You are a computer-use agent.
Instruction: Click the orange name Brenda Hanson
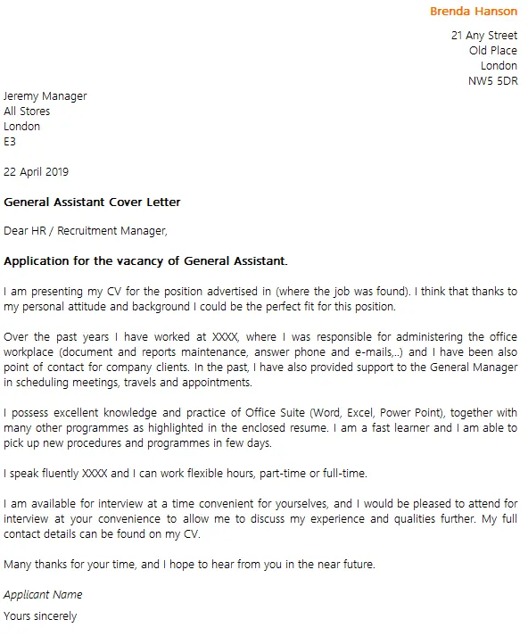tap(473, 12)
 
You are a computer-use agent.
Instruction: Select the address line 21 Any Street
tap(484, 36)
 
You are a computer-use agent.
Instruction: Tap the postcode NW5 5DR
tap(492, 81)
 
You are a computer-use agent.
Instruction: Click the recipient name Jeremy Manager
tap(45, 96)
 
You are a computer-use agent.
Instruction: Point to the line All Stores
tap(27, 112)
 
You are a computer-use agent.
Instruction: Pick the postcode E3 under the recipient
tap(10, 141)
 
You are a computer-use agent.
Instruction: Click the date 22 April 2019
tap(36, 171)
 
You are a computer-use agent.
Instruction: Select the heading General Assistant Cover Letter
tap(92, 202)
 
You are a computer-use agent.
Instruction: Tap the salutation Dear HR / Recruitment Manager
tap(85, 231)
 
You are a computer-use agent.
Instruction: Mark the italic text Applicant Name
tap(43, 594)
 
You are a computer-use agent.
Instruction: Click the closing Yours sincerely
tap(40, 615)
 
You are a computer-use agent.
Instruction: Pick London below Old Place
tap(499, 66)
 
